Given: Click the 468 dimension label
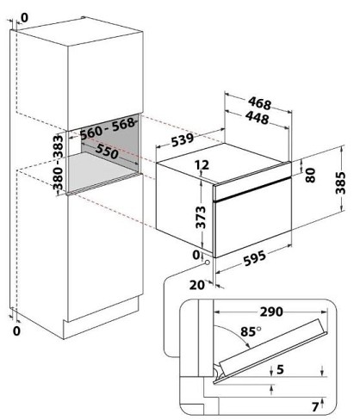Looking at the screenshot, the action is [x=259, y=103].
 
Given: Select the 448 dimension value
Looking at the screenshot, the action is [x=258, y=118].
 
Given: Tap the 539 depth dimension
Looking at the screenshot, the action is [x=183, y=140].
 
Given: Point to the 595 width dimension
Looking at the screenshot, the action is [x=254, y=257].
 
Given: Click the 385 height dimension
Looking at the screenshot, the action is [x=340, y=183].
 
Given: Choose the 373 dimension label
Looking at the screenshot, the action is [x=201, y=217].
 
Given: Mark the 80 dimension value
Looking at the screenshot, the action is [x=310, y=176].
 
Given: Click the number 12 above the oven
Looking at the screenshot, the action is [x=202, y=165].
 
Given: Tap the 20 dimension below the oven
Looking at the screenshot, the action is [x=197, y=285].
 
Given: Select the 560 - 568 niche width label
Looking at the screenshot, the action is [x=108, y=129].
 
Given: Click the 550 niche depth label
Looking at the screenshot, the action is [x=107, y=151].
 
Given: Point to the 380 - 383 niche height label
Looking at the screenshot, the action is [x=58, y=163].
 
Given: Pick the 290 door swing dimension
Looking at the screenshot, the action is [x=271, y=312].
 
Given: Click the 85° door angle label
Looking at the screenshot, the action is [x=251, y=331].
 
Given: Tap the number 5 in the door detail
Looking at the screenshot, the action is [x=280, y=369].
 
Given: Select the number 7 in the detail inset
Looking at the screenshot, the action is [x=315, y=407].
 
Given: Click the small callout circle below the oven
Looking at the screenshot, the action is [x=207, y=262].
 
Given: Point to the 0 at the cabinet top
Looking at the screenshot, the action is [x=25, y=18].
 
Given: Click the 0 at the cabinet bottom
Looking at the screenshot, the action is [x=17, y=331].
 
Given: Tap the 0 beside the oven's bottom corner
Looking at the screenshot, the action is [x=196, y=255].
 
